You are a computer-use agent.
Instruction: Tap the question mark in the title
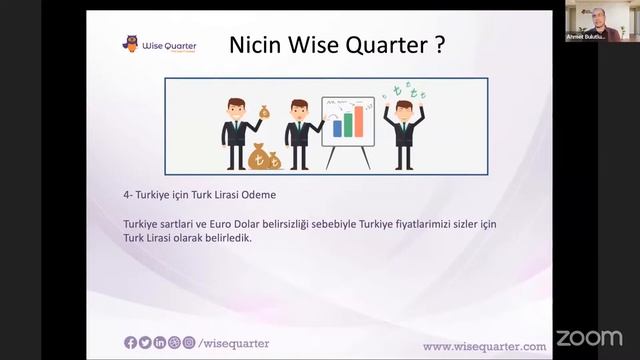(x=439, y=45)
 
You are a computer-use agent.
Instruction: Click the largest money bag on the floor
(x=258, y=156)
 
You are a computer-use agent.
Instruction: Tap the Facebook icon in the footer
(x=130, y=343)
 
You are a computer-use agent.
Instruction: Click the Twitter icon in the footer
(x=145, y=343)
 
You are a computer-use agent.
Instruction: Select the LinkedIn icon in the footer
(x=160, y=343)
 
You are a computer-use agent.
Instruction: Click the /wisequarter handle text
(x=235, y=343)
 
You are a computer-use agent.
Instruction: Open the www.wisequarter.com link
(x=484, y=346)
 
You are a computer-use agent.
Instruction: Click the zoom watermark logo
(x=589, y=337)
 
